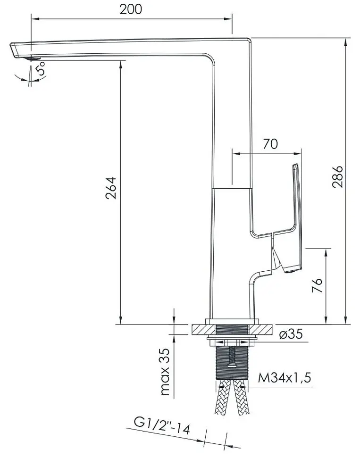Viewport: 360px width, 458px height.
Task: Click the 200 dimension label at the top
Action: (x=131, y=9)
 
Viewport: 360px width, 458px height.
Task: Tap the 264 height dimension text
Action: (x=111, y=188)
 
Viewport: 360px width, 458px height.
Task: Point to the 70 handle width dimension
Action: (x=270, y=144)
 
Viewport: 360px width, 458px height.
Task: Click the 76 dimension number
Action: (x=317, y=285)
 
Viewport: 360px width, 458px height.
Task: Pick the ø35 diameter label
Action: (x=291, y=334)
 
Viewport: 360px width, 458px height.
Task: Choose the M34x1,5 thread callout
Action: (x=285, y=378)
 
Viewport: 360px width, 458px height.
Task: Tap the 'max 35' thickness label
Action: (x=165, y=372)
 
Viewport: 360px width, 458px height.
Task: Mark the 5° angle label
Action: (x=40, y=69)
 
